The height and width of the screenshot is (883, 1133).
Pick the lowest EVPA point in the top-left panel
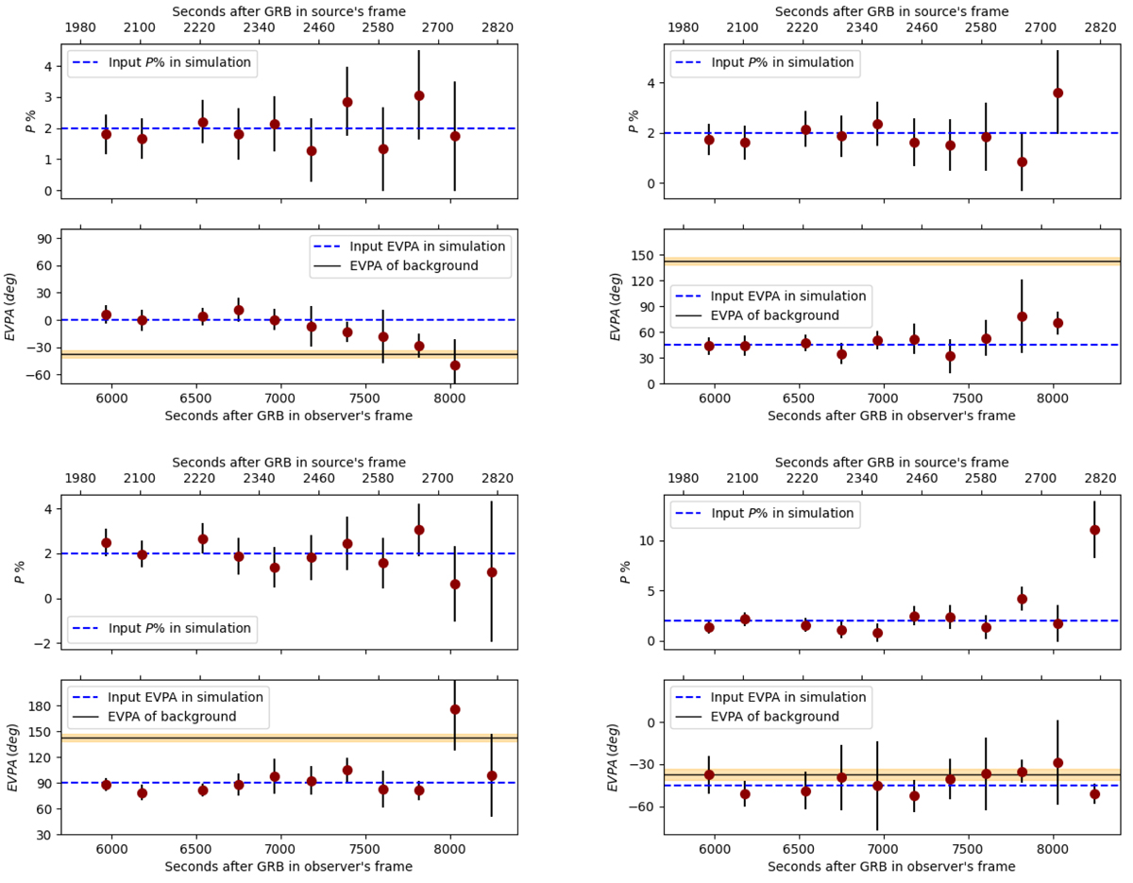click(455, 365)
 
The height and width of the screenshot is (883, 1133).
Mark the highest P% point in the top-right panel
click(1057, 93)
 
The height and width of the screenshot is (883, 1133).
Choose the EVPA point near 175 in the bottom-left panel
click(455, 709)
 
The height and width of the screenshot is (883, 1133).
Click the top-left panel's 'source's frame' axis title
click(289, 11)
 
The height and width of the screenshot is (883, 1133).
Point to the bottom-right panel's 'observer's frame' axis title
click(891, 866)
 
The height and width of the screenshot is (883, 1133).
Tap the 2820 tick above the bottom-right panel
click(1100, 478)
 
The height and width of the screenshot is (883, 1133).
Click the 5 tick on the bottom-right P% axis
click(652, 591)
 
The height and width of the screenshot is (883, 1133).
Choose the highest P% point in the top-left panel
click(419, 95)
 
